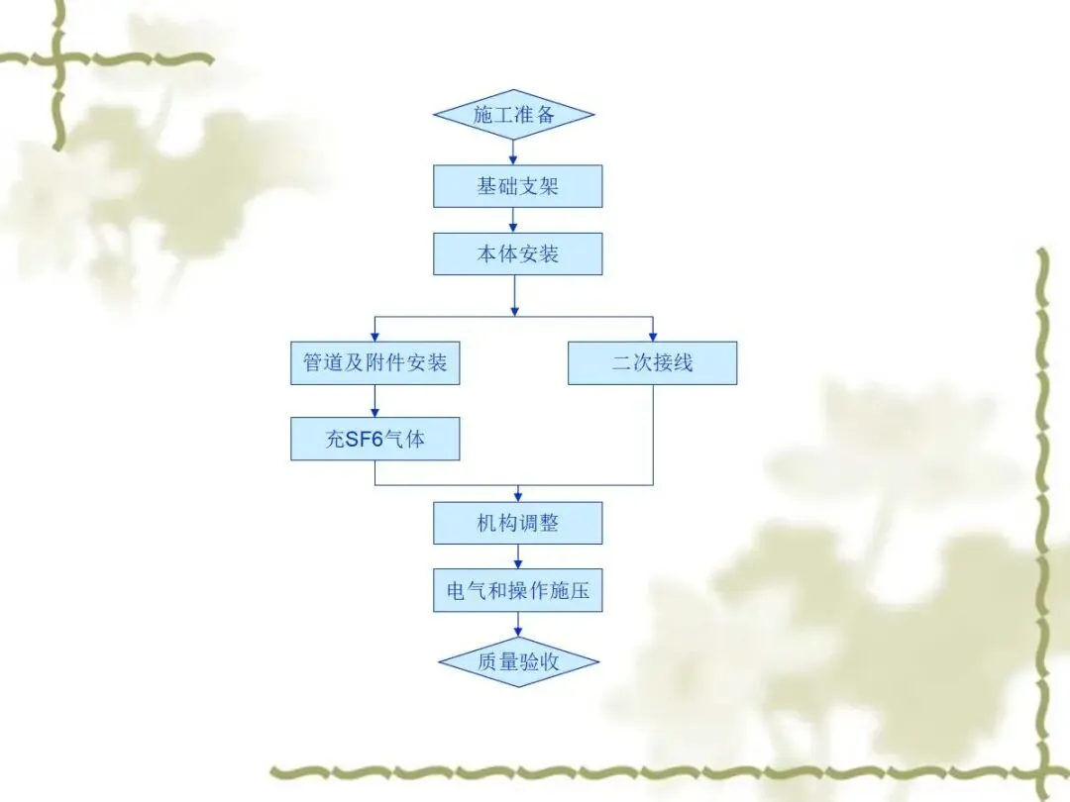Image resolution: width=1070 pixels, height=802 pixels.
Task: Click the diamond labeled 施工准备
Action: [514, 114]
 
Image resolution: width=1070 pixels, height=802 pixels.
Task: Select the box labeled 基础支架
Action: [517, 186]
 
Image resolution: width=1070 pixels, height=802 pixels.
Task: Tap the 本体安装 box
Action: [517, 253]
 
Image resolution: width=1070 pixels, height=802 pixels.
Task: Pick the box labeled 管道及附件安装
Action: [374, 362]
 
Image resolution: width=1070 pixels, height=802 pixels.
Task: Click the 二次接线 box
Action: [652, 362]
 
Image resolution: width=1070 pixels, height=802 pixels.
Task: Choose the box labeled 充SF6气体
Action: [374, 439]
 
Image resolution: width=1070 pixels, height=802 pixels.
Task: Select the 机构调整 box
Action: [517, 522]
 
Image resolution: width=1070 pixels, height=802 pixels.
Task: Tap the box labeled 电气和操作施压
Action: [517, 591]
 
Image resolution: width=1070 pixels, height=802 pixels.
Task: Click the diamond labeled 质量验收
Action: [519, 661]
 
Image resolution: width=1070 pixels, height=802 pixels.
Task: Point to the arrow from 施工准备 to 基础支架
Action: [513, 151]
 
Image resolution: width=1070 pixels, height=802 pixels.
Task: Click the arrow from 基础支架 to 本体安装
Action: [513, 221]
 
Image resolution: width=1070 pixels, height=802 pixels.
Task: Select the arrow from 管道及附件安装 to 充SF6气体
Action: [375, 400]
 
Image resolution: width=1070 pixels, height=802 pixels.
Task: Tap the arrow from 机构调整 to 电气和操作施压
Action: [517, 556]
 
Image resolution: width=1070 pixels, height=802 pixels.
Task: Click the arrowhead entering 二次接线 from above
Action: [652, 336]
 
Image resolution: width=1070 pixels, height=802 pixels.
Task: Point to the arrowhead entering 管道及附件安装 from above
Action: [375, 336]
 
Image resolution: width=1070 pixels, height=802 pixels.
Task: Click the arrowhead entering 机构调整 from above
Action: [517, 495]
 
